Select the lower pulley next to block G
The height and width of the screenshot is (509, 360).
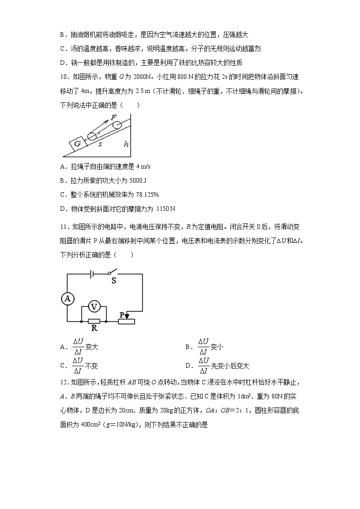[92, 137]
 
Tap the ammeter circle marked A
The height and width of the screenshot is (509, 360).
[68, 298]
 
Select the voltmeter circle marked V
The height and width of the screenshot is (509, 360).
[94, 307]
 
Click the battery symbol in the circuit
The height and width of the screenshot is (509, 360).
[92, 274]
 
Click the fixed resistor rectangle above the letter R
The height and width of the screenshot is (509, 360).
[94, 321]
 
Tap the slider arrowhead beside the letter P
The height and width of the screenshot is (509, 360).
[127, 316]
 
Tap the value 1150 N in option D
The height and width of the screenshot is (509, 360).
[165, 208]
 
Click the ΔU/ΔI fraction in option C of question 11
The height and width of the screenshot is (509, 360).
[78, 365]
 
